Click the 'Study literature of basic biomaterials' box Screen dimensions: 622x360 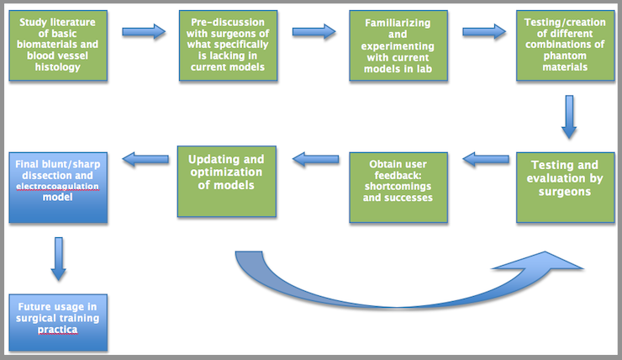[x=58, y=45]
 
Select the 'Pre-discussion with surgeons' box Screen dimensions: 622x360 [x=228, y=45]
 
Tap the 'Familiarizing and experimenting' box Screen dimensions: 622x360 [x=398, y=45]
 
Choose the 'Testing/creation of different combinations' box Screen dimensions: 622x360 [x=566, y=45]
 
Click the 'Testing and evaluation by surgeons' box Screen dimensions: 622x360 [x=566, y=188]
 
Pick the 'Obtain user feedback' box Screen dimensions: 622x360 [x=398, y=188]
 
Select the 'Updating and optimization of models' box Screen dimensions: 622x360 [x=226, y=182]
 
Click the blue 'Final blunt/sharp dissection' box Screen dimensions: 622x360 [x=58, y=188]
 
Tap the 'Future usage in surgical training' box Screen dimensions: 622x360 [x=58, y=322]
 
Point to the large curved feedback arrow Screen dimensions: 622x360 [x=397, y=304]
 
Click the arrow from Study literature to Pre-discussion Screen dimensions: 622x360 [x=144, y=31]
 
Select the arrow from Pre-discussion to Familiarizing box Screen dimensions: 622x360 [x=314, y=31]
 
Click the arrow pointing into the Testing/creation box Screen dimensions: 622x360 [x=484, y=31]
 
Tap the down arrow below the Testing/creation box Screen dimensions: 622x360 [x=569, y=117]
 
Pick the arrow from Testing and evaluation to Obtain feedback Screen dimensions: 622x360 [x=486, y=160]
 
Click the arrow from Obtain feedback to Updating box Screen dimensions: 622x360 [x=316, y=160]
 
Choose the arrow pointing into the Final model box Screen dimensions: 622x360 [x=145, y=160]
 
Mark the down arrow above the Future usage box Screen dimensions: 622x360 [x=58, y=259]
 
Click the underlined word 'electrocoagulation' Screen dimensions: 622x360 [x=57, y=186]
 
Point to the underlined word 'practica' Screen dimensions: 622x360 [x=57, y=330]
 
